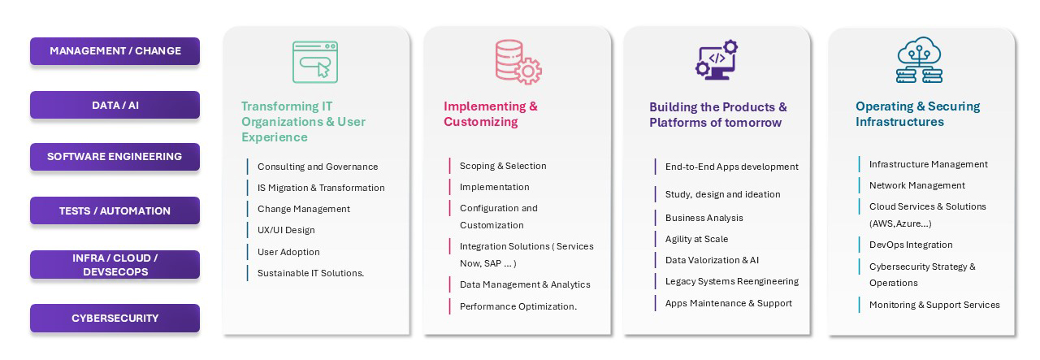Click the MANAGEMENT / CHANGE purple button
[115, 51]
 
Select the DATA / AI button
[115, 105]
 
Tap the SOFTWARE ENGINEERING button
[115, 157]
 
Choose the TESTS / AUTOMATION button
[115, 210]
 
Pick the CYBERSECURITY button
[115, 319]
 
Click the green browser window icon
[315, 63]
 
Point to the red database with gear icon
[518, 62]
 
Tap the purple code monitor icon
[717, 60]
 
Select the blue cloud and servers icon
[919, 60]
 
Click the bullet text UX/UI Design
[286, 230]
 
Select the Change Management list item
[304, 209]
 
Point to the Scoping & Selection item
[503, 166]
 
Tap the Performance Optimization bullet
[518, 306]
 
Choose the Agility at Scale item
[696, 239]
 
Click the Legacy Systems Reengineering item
[732, 281]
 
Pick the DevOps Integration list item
[911, 245]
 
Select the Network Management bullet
[917, 185]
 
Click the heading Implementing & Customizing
[490, 114]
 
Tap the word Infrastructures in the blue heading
[899, 122]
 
